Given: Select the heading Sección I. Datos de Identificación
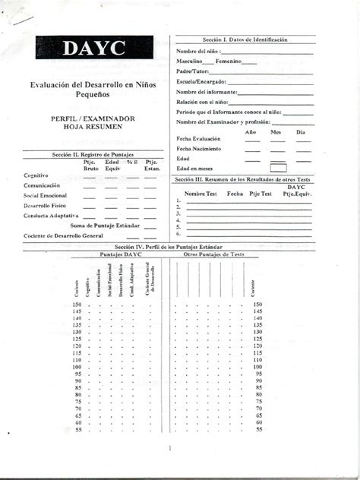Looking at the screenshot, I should coord(245,39).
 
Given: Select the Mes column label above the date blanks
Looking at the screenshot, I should coord(276,132).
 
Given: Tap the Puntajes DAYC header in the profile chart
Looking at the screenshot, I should coord(120,255).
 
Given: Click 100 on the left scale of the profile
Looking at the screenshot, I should coord(77,367).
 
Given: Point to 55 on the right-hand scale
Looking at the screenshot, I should coord(259,429).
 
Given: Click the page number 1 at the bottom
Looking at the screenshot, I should coord(180,448).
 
